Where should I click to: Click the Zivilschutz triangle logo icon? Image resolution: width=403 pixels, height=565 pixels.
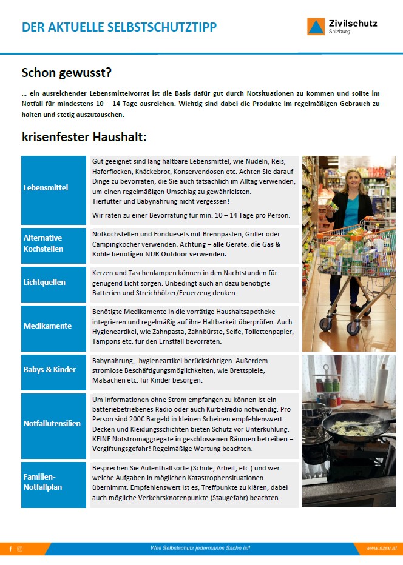(316, 26)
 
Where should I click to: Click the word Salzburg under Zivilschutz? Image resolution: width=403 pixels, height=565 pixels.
(339, 32)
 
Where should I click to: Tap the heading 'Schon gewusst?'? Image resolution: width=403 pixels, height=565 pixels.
(67, 73)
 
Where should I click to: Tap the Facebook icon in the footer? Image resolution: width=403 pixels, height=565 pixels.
(10, 549)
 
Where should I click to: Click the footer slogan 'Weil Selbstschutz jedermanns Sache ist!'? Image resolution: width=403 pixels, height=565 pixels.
(200, 548)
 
